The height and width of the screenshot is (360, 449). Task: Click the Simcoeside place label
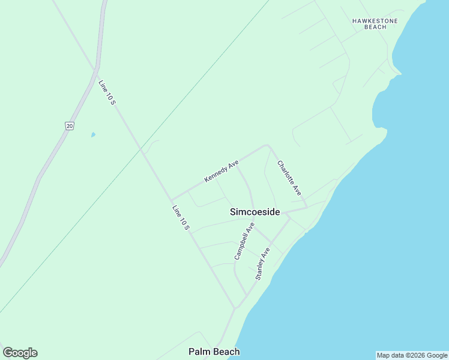[255, 212]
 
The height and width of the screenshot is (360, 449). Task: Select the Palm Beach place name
[214, 352]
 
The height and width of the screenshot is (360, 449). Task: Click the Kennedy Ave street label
[221, 171]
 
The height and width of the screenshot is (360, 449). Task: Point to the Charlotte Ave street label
[289, 178]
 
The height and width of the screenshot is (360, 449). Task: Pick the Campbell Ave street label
[244, 241]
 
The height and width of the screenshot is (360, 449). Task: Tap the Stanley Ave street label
[263, 264]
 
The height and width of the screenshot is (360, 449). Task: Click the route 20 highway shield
[70, 125]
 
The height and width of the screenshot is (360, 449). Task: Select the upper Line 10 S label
[107, 93]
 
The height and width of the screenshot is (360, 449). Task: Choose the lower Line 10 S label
[181, 218]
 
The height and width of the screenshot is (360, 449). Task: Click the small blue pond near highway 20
[93, 135]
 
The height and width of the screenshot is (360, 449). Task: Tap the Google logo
[20, 353]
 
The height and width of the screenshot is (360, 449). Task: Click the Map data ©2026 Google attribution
[412, 355]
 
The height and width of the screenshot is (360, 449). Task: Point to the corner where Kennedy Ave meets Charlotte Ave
[268, 145]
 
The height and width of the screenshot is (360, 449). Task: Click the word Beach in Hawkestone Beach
[376, 27]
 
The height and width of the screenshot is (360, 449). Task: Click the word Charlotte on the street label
[285, 172]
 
